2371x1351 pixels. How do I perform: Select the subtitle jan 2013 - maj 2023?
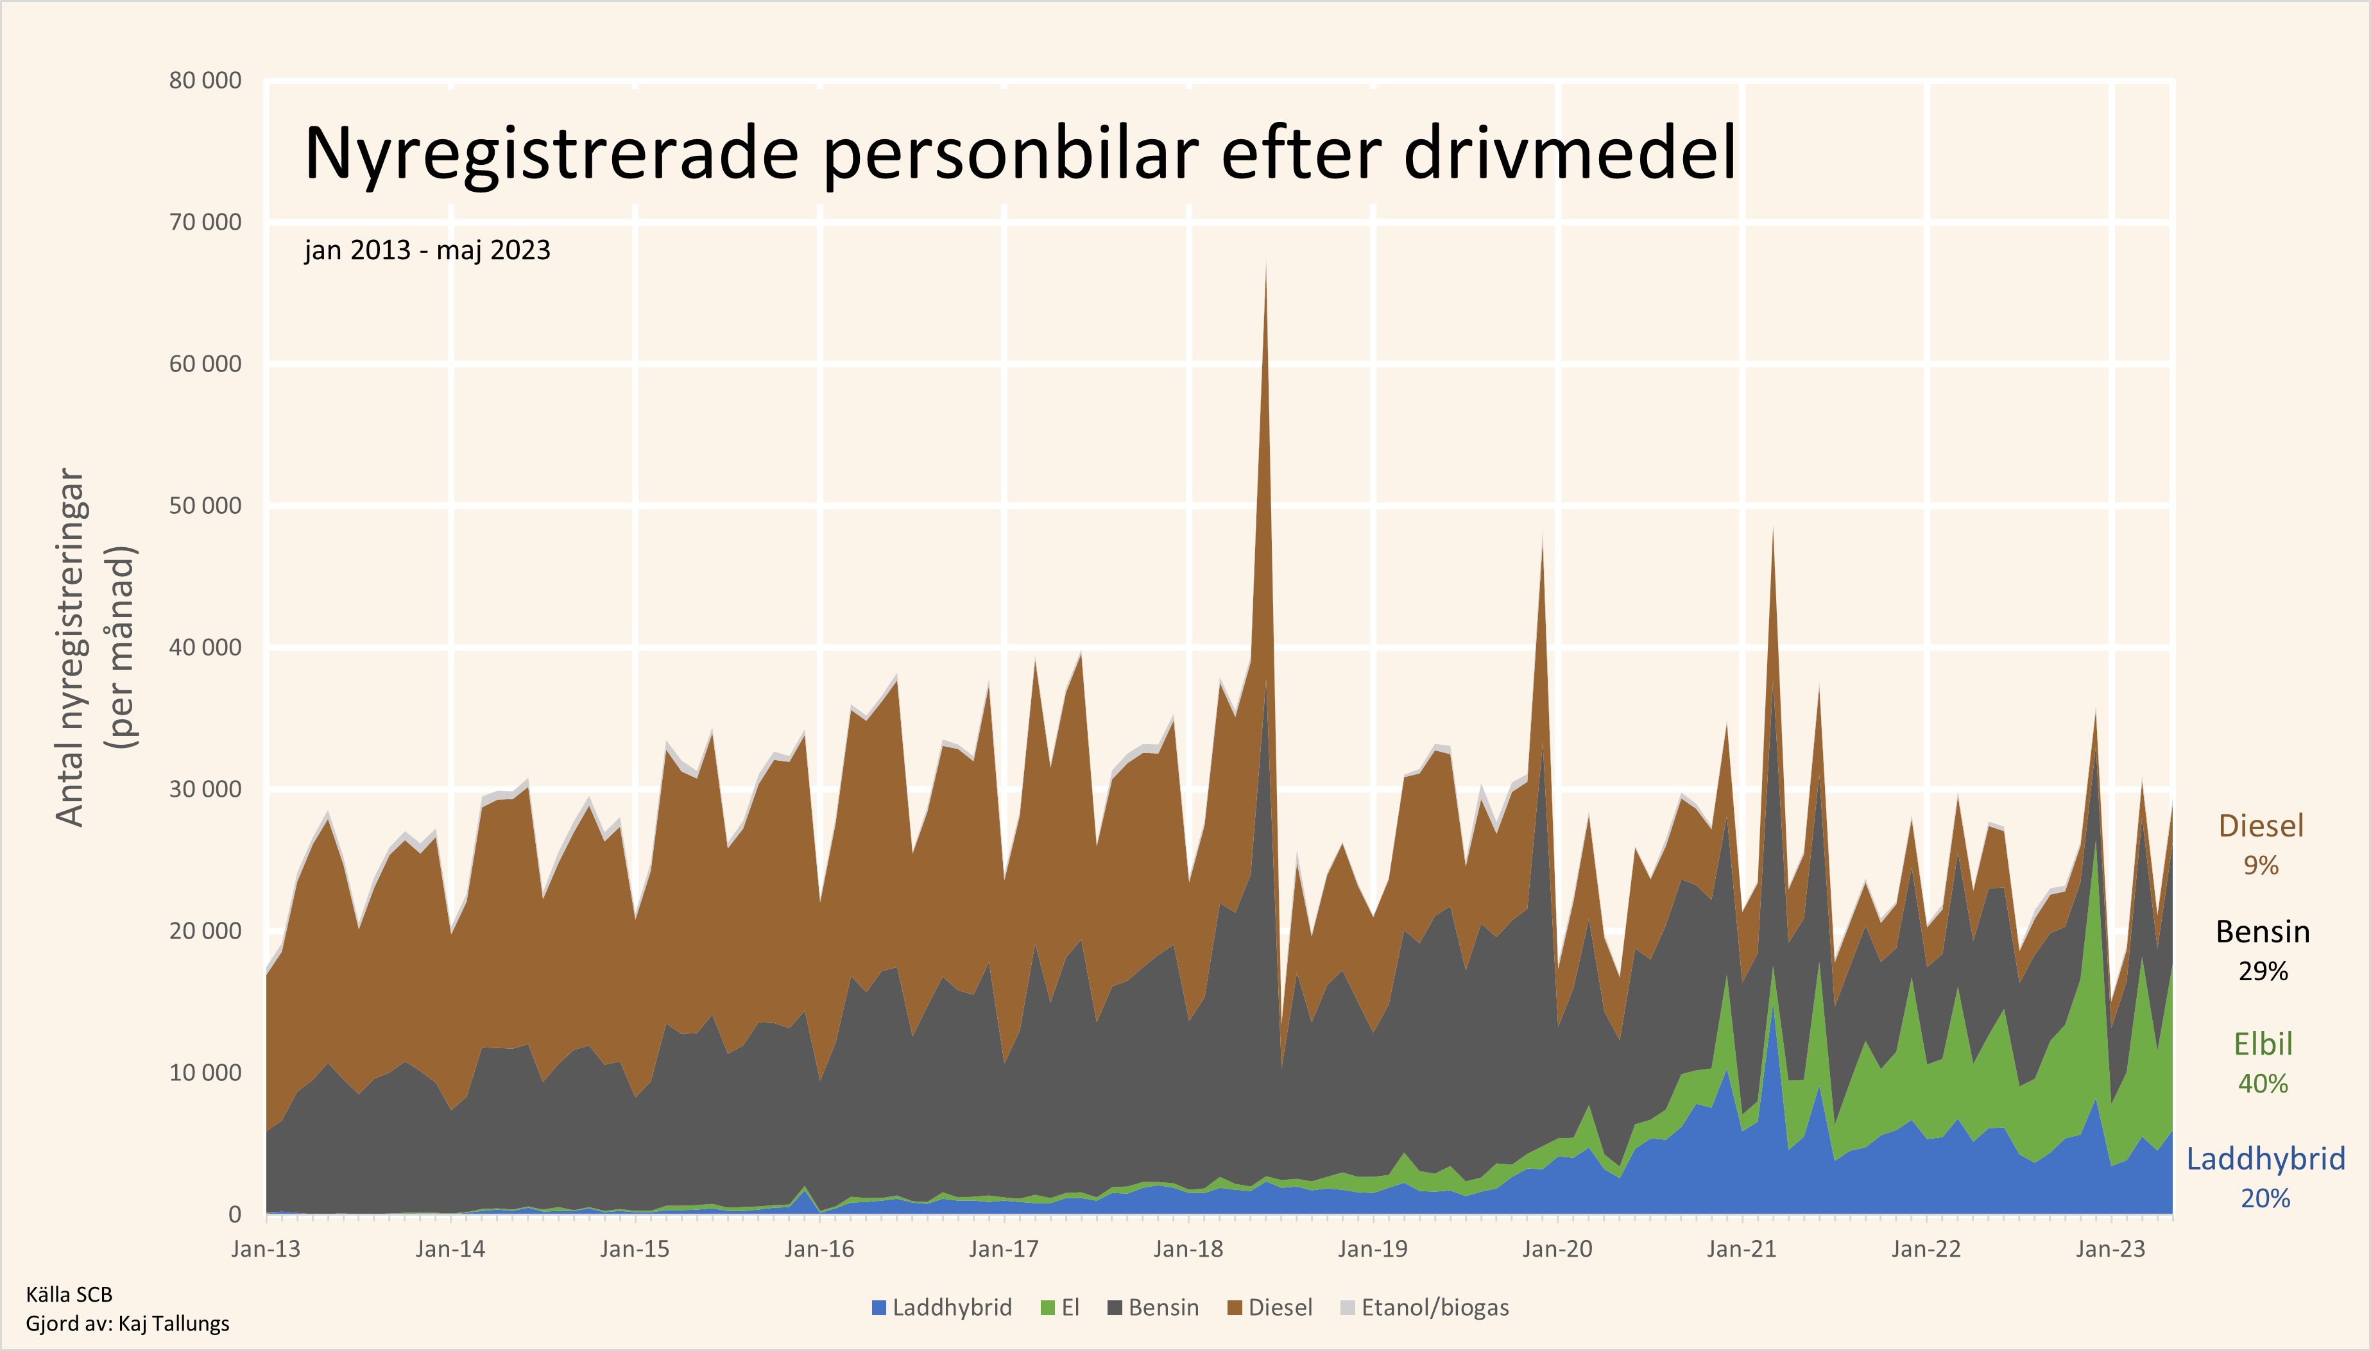pyautogui.click(x=427, y=251)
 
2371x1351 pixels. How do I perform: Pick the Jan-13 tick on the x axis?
pyautogui.click(x=266, y=1249)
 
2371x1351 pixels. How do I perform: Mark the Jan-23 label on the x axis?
pyautogui.click(x=2110, y=1249)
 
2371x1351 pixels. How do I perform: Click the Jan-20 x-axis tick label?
pyautogui.click(x=1557, y=1249)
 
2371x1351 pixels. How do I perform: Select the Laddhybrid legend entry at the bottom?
pyautogui.click(x=951, y=1307)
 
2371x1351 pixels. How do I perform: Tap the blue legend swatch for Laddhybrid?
pyautogui.click(x=879, y=1307)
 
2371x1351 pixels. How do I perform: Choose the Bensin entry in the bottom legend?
pyautogui.click(x=1163, y=1307)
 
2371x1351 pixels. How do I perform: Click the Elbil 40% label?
pyautogui.click(x=2263, y=1062)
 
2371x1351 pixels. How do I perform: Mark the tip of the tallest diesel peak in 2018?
pyautogui.click(x=1266, y=264)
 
